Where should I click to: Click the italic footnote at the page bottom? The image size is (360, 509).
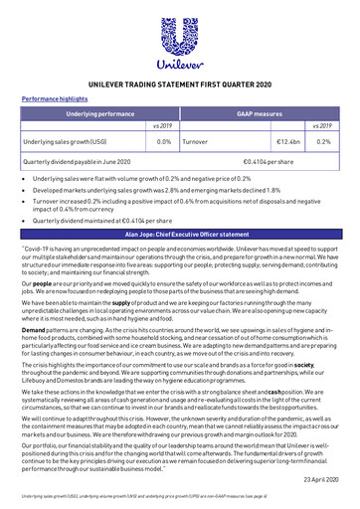tap(149, 492)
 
